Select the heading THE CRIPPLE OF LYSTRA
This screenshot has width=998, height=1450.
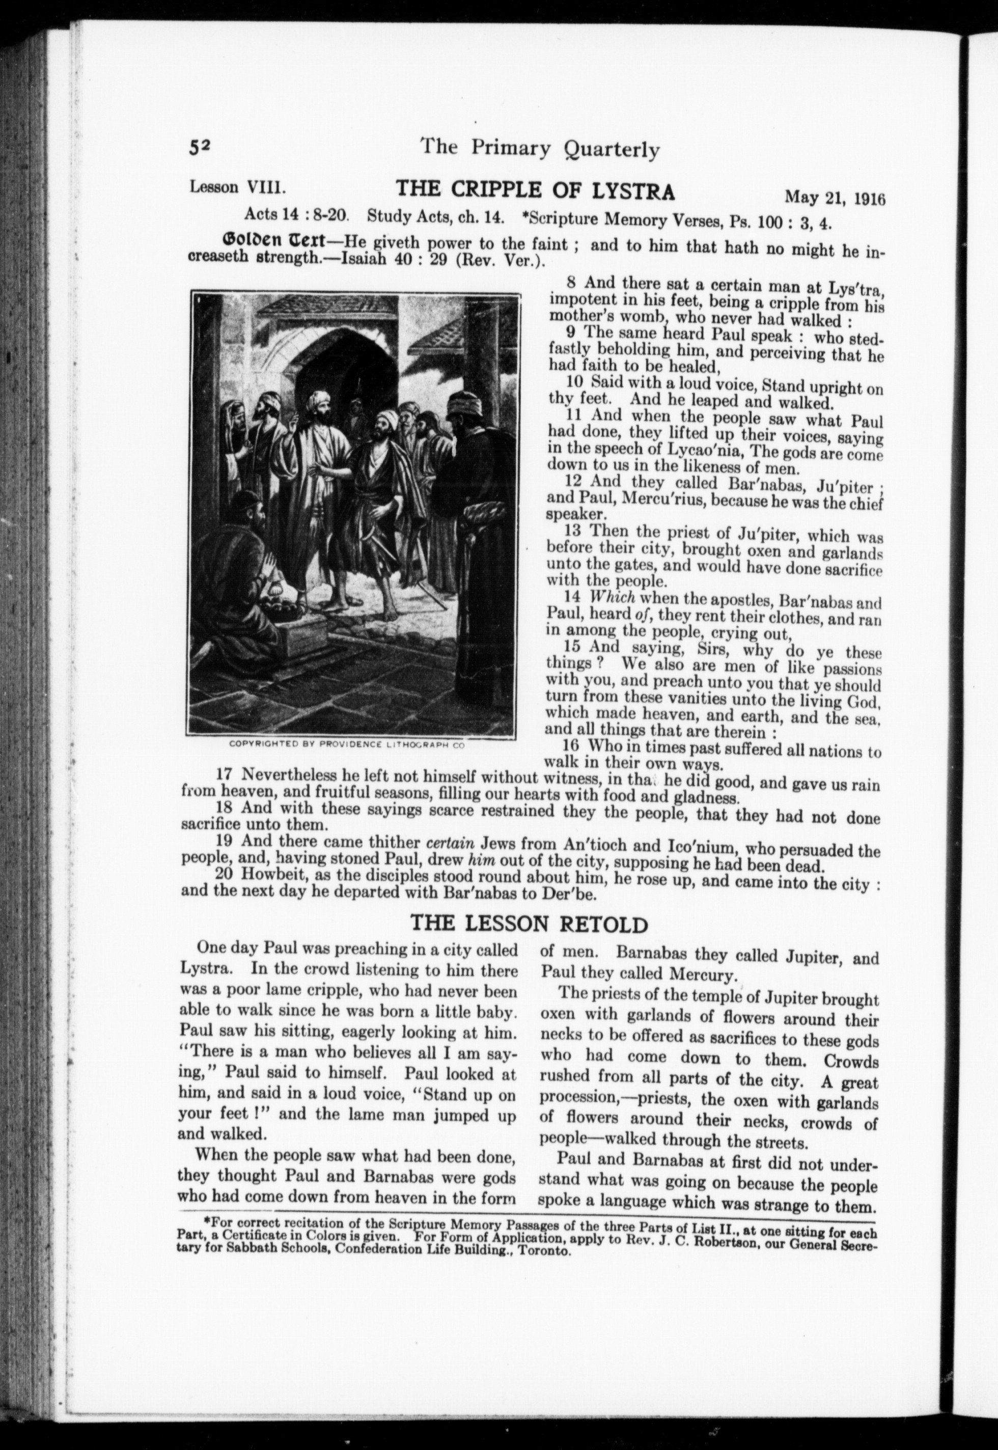point(536,189)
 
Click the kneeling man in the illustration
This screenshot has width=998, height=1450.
point(238,550)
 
